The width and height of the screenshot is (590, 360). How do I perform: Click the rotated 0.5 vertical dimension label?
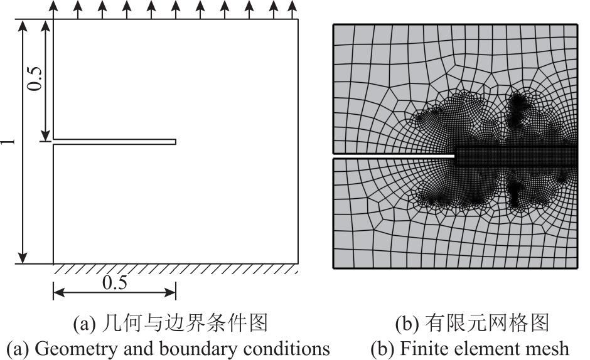pyautogui.click(x=35, y=78)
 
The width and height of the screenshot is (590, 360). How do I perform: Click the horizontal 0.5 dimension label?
pyautogui.click(x=115, y=282)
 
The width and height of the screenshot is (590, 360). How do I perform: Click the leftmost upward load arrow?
pyautogui.click(x=53, y=10)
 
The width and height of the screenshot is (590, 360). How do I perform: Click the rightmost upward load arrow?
pyautogui.click(x=292, y=10)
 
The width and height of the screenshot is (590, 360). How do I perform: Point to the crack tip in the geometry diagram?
pyautogui.click(x=176, y=142)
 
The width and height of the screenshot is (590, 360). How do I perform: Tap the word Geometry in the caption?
pyautogui.click(x=75, y=349)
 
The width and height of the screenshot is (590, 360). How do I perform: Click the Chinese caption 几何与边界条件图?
pyautogui.click(x=185, y=323)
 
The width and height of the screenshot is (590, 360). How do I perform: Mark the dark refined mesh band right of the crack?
pyautogui.click(x=516, y=156)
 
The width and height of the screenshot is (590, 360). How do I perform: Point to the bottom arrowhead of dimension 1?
pyautogui.click(x=23, y=258)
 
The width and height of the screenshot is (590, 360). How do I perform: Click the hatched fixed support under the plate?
pyautogui.click(x=176, y=268)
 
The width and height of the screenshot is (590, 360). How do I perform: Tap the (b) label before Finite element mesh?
pyautogui.click(x=382, y=349)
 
